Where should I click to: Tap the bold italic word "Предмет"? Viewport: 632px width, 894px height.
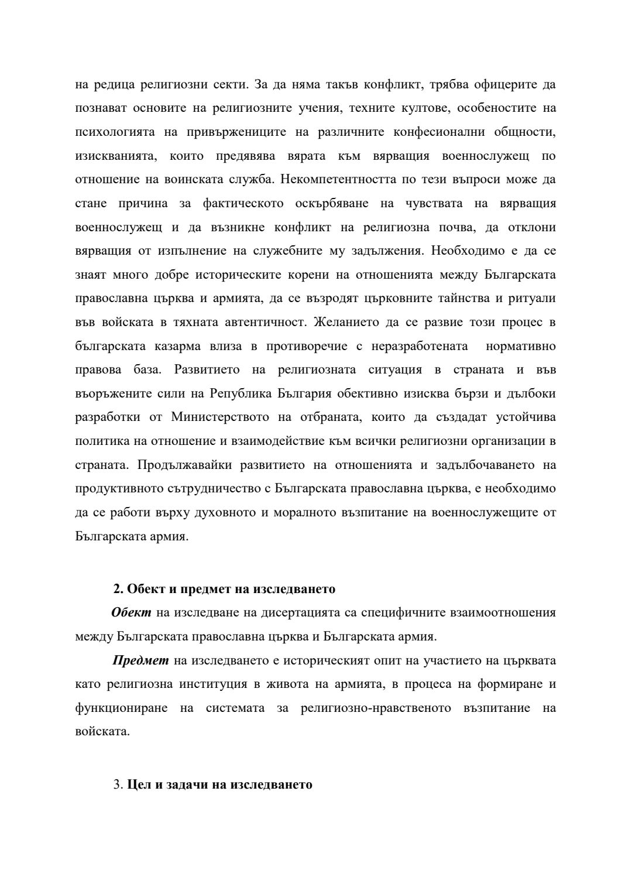[140, 660]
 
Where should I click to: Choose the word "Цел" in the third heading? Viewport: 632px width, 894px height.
[139, 785]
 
